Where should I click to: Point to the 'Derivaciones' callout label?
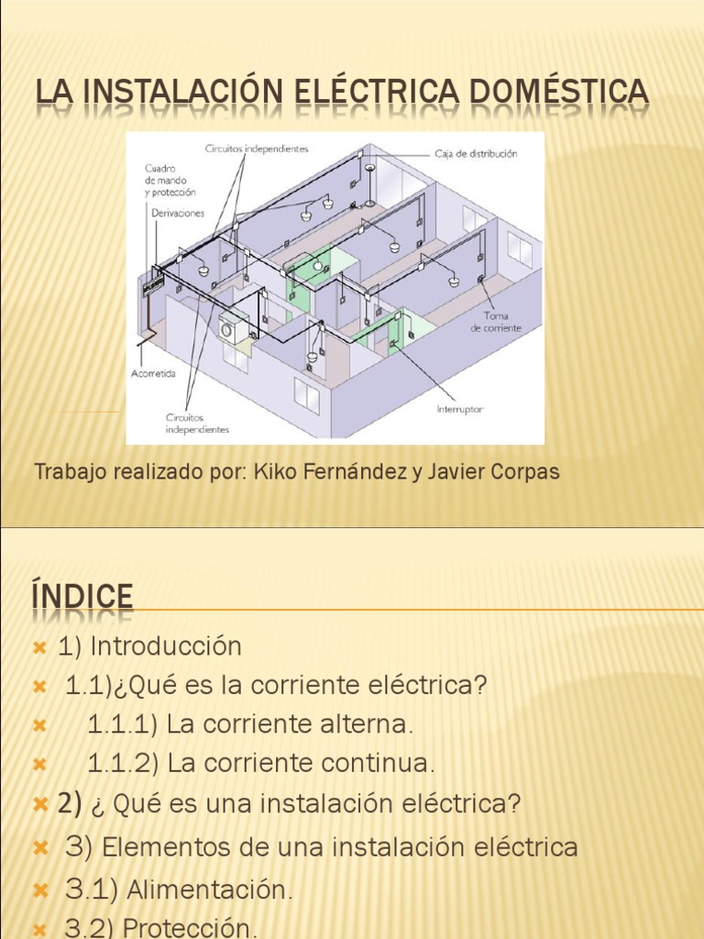point(178,213)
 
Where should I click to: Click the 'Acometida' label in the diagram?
point(151,374)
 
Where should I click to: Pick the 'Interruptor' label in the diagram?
point(460,409)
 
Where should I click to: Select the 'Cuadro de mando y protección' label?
point(170,181)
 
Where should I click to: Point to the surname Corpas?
point(525,472)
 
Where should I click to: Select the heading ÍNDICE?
point(82,598)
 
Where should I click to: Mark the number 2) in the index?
point(70,804)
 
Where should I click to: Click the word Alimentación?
point(210,889)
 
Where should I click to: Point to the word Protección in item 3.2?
point(190,928)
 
